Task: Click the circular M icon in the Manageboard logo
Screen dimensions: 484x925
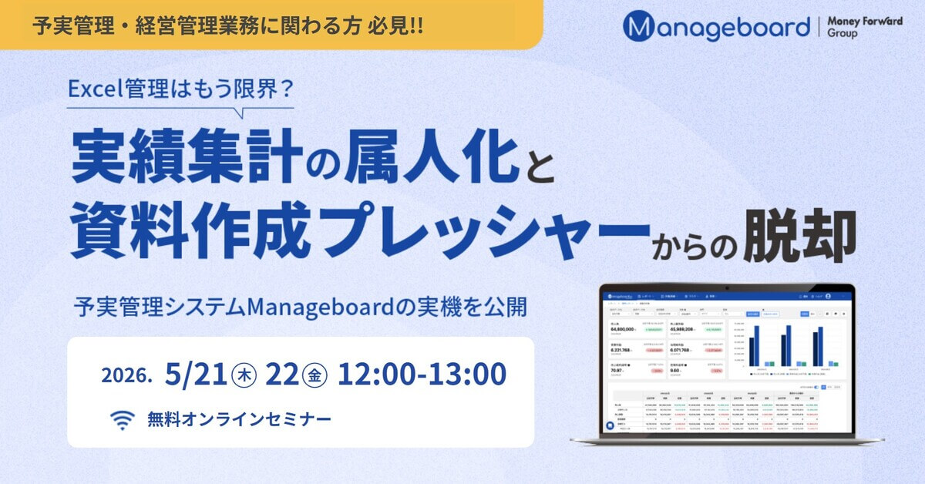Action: pos(638,27)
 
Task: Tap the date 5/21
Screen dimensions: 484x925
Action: pos(196,375)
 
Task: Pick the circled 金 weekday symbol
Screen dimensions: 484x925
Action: pos(318,375)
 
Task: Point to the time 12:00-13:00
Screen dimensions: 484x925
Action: pos(422,375)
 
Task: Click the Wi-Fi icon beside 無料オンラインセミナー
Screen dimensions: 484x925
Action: pos(121,420)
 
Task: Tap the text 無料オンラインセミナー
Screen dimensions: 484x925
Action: pos(239,420)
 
